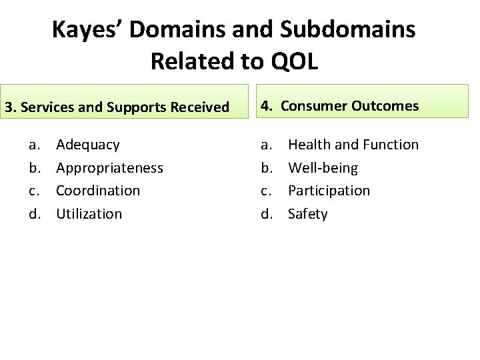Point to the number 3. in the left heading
(9, 107)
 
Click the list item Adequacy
(88, 145)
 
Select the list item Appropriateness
(109, 168)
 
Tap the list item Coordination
(98, 191)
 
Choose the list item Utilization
(89, 214)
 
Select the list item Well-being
(323, 168)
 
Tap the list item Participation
(329, 191)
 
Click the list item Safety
(307, 214)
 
